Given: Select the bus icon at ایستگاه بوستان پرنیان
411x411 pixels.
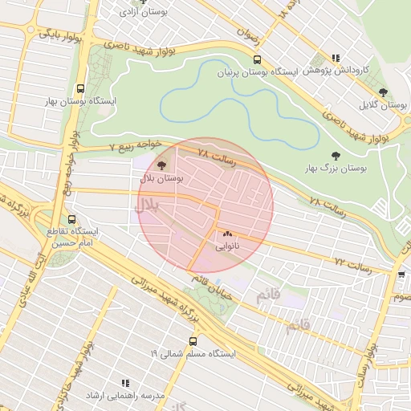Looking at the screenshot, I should (257, 59).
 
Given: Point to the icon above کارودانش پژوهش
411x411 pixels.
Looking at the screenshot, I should (336, 58).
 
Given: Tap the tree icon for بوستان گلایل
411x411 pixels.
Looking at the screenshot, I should (382, 92).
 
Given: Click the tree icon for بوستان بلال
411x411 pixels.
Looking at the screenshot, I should (161, 165).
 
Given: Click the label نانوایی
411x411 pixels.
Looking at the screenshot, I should (227, 247).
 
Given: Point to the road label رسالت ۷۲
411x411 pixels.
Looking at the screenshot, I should (353, 266).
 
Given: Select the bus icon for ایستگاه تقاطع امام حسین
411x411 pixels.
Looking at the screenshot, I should (72, 218).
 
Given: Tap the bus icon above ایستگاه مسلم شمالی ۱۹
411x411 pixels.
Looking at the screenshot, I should (192, 340).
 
